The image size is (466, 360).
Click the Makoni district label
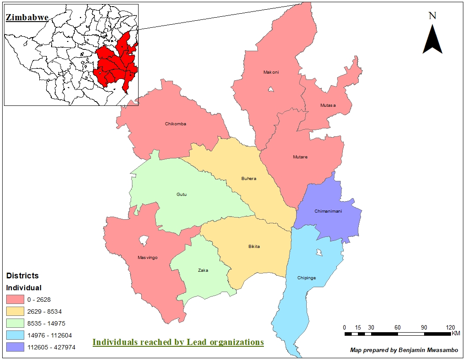[271, 72]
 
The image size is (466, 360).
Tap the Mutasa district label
[328, 105]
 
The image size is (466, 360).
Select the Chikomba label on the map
[176, 124]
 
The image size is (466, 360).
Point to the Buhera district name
[248, 179]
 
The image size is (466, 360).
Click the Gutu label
[182, 194]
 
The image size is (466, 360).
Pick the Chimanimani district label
[328, 211]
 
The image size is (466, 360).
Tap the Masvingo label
[147, 258]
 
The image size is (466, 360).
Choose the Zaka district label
[203, 270]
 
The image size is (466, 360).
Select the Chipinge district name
[307, 278]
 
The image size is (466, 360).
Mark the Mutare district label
[300, 157]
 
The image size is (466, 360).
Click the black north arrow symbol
[432, 40]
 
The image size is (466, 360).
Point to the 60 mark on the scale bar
[397, 327]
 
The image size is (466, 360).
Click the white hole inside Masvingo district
[143, 241]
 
